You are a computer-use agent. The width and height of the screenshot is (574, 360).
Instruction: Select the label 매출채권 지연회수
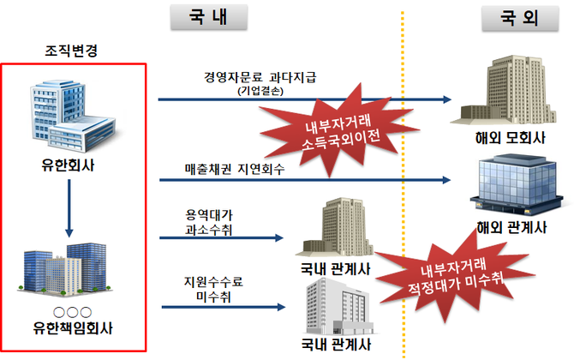(x=234, y=169)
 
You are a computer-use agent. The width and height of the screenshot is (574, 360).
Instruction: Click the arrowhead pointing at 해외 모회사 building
(x=445, y=100)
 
